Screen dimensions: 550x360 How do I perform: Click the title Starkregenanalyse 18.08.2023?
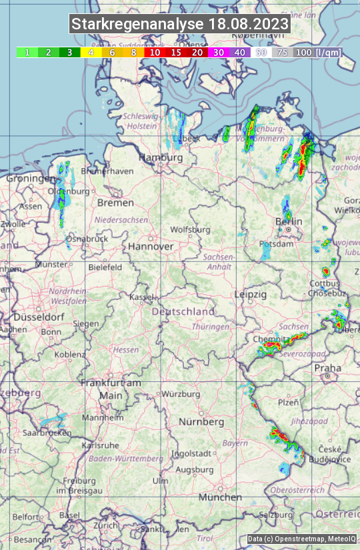click(x=180, y=25)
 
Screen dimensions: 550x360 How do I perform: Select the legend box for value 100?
click(x=304, y=52)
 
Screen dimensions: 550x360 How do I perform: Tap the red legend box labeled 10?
click(x=155, y=52)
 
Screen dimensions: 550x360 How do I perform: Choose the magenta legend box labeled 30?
click(x=219, y=52)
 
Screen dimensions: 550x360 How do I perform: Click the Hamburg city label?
click(x=160, y=158)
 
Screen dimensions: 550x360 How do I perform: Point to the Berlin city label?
click(x=289, y=221)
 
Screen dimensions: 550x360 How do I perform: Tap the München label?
click(x=219, y=497)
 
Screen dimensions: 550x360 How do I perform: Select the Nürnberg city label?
click(x=201, y=422)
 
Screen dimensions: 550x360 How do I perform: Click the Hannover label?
click(x=151, y=246)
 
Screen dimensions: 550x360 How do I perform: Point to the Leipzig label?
click(x=251, y=294)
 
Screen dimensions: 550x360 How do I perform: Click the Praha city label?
click(x=327, y=367)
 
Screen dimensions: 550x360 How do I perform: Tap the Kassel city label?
click(x=142, y=297)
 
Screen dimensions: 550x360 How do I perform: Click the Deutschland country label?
click(x=183, y=311)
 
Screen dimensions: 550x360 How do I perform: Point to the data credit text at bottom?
click(x=301, y=539)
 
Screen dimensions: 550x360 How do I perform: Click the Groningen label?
click(x=31, y=179)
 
